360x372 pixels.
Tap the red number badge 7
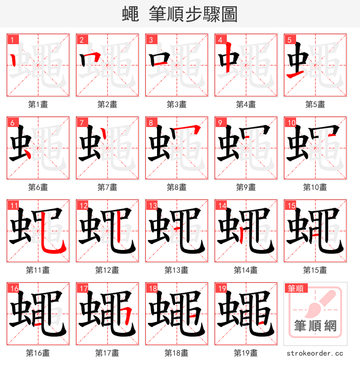pyautogui.click(x=81, y=122)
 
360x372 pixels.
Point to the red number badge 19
pyautogui.click(x=221, y=288)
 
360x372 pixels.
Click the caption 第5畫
pyautogui.click(x=315, y=104)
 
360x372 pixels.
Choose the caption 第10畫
pyautogui.click(x=315, y=187)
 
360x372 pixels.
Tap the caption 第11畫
pyautogui.click(x=38, y=270)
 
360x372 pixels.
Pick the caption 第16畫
pyautogui.click(x=38, y=353)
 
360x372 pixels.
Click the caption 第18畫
pyautogui.click(x=176, y=353)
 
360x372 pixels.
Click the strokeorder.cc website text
pyautogui.click(x=315, y=353)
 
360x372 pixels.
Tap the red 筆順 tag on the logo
pyautogui.click(x=295, y=288)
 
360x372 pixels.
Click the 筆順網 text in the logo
pyautogui.click(x=315, y=325)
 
